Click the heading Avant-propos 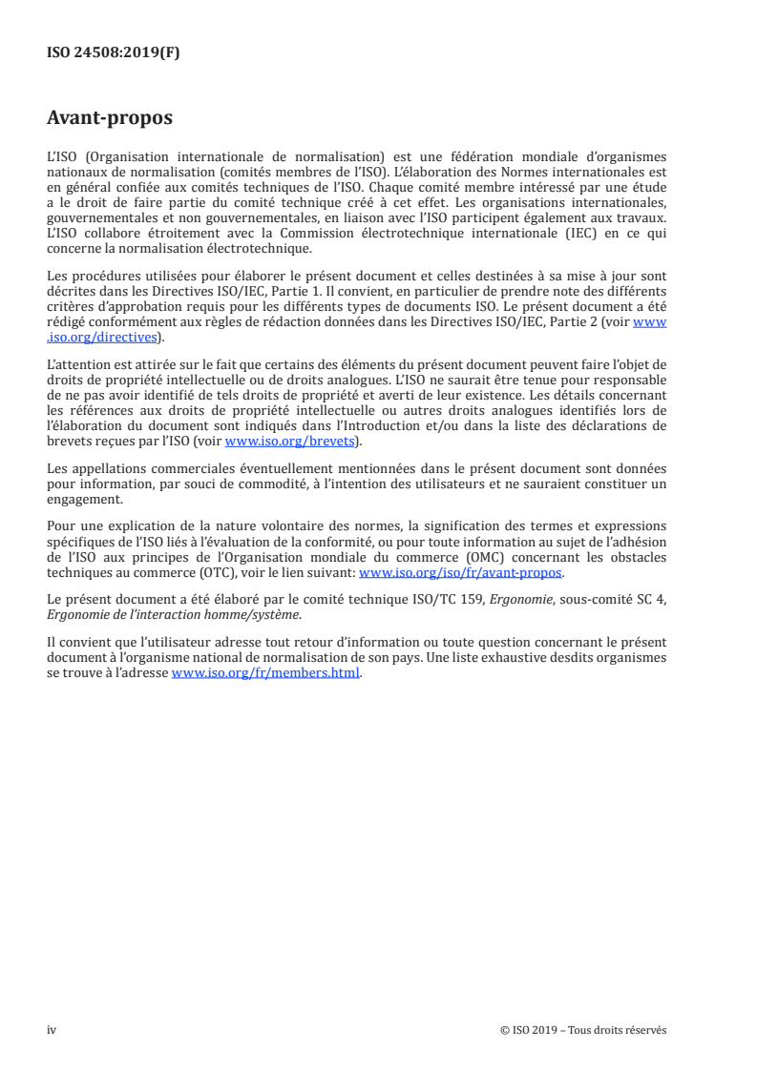[110, 119]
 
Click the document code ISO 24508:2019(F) [113, 53]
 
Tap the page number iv [52, 1030]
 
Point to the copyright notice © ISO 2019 [582, 1030]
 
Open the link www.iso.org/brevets [288, 442]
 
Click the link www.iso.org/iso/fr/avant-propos [460, 573]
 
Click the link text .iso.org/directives [100, 337]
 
